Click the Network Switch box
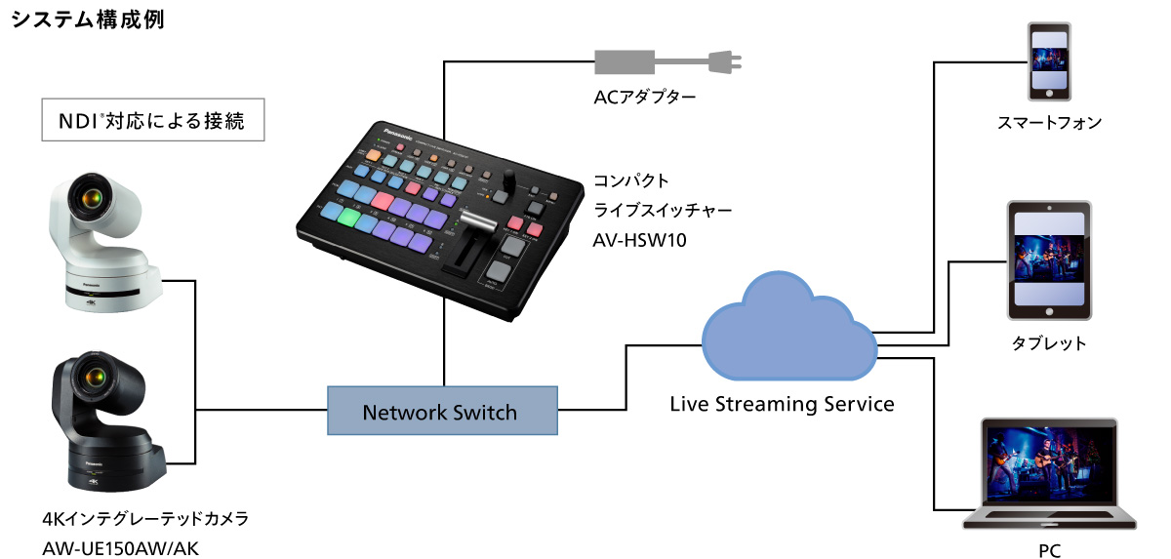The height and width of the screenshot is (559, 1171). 441,412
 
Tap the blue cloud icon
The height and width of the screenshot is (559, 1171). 788,332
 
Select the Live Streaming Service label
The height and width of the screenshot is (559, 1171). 782,403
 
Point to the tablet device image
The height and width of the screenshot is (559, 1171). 1049,260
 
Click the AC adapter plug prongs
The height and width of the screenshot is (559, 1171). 729,62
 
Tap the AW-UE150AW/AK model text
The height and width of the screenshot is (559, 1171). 121,548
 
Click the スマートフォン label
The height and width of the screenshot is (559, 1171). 1049,123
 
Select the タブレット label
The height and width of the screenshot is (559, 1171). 1049,343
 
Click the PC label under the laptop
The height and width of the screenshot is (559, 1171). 1049,550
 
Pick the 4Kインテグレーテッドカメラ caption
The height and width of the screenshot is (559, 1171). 145,519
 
